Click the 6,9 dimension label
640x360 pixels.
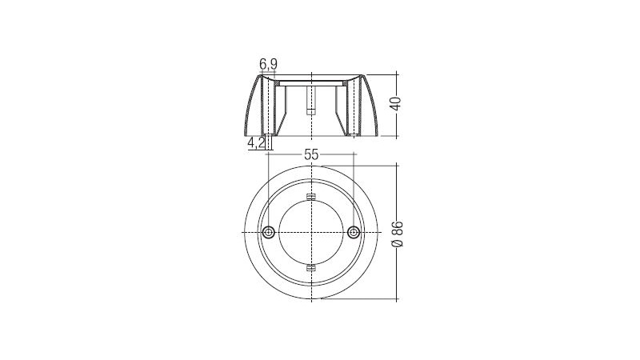(268, 64)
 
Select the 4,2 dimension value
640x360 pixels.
(255, 143)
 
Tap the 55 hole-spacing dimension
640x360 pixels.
(311, 154)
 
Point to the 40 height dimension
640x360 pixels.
(396, 103)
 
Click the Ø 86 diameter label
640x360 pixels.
(397, 234)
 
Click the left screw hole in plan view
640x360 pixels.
(268, 232)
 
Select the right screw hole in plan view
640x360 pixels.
(354, 232)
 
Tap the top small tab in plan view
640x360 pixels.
(311, 197)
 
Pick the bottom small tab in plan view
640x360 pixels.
(311, 268)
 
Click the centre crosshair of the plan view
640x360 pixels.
(311, 232)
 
